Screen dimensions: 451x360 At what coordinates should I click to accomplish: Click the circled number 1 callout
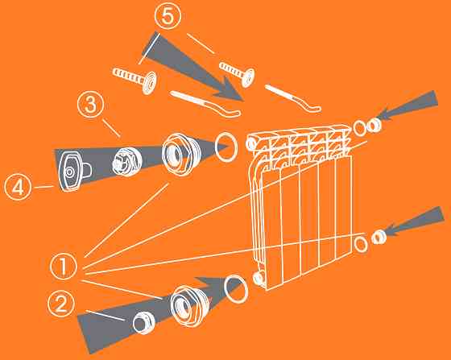pyautogui.click(x=64, y=267)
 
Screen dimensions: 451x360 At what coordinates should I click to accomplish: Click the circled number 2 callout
pyautogui.click(x=61, y=304)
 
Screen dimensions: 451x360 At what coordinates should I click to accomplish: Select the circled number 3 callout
pyautogui.click(x=90, y=105)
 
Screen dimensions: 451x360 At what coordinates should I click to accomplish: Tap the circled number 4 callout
pyautogui.click(x=18, y=187)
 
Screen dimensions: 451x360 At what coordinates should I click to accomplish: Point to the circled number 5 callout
pyautogui.click(x=168, y=16)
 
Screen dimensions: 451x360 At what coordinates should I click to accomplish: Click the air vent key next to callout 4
pyautogui.click(x=74, y=172)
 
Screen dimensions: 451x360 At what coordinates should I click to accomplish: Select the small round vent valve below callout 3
pyautogui.click(x=127, y=161)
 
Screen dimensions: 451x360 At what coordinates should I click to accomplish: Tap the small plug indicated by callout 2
pyautogui.click(x=144, y=323)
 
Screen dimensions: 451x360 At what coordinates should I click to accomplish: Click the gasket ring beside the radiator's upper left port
pyautogui.click(x=226, y=147)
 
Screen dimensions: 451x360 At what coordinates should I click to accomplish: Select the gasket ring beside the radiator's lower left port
pyautogui.click(x=236, y=289)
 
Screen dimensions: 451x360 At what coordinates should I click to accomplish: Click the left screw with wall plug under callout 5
pyautogui.click(x=135, y=80)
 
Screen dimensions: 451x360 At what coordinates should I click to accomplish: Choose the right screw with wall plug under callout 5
pyautogui.click(x=238, y=74)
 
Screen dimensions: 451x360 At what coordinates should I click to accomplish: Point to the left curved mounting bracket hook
pyautogui.click(x=206, y=104)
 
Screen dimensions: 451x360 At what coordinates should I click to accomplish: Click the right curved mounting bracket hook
pyautogui.click(x=293, y=97)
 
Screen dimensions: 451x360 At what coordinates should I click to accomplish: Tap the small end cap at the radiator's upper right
pyautogui.click(x=374, y=125)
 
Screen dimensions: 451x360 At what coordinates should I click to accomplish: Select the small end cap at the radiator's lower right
pyautogui.click(x=379, y=238)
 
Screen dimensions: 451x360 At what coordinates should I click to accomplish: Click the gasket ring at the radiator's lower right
pyautogui.click(x=361, y=245)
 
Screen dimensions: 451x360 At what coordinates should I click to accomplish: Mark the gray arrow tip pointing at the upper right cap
pyautogui.click(x=376, y=118)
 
